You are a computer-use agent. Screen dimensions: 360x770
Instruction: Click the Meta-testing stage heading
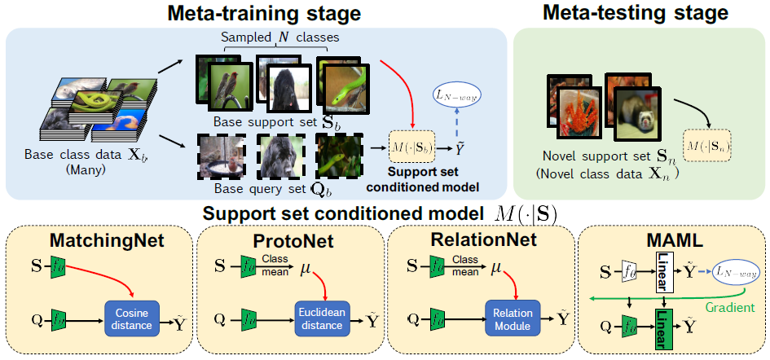(636, 13)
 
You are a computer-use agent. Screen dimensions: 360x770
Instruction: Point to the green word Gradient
(732, 308)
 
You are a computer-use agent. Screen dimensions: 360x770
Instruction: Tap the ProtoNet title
(288, 240)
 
